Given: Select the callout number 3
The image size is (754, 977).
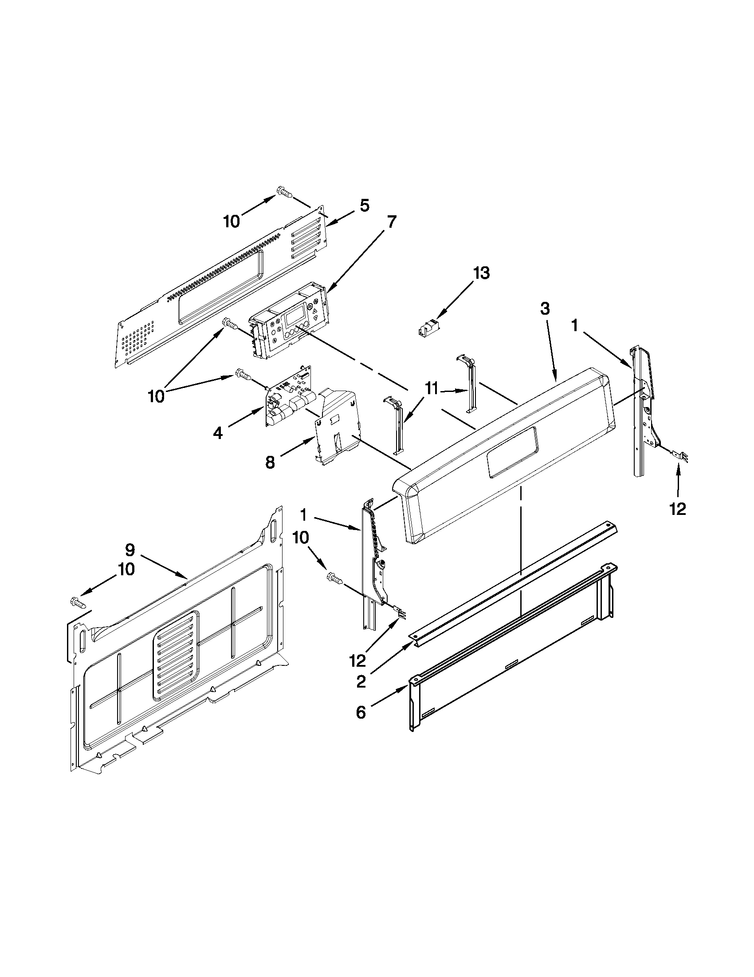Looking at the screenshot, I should coord(544,308).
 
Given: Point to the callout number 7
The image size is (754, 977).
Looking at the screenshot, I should coord(391,222).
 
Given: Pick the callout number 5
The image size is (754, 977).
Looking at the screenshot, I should coord(364,206).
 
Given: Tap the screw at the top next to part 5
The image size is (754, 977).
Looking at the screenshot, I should coord(283,192).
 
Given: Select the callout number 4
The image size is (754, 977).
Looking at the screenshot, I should coord(217,433).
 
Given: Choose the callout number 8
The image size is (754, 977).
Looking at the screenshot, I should coord(270,462).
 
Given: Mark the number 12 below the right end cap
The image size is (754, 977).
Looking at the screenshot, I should coord(678,509).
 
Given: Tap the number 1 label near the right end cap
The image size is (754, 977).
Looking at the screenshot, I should coord(574,325).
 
